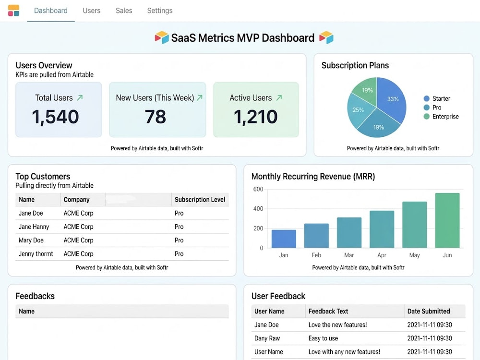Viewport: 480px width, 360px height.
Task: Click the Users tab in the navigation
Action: coord(92,11)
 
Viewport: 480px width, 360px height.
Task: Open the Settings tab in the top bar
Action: coord(160,11)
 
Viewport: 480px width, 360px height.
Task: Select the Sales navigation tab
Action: coord(124,11)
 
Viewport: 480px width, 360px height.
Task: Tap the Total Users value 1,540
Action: coord(55,117)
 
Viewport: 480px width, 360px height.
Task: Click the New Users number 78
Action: coord(156,117)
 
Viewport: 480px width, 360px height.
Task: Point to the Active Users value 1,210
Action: coord(256,117)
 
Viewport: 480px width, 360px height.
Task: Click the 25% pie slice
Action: coord(358,110)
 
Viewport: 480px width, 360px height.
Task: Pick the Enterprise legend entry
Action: coord(441,116)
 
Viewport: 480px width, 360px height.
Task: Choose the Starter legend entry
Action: coord(437,98)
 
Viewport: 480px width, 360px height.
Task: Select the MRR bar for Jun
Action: coord(447,220)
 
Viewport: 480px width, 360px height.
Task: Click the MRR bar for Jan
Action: coord(284,239)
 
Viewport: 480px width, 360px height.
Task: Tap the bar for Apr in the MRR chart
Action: coord(382,229)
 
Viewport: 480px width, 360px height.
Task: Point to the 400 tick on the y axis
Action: coord(258,209)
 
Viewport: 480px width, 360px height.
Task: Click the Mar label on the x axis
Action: coord(349,255)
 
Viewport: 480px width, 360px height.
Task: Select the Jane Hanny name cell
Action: coord(34,227)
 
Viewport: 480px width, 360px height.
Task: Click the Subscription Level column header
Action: coord(200,200)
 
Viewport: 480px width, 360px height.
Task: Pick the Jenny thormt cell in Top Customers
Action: coord(36,254)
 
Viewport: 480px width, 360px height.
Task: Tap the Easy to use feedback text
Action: coord(323,338)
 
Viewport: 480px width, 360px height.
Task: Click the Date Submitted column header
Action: coord(429,312)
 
